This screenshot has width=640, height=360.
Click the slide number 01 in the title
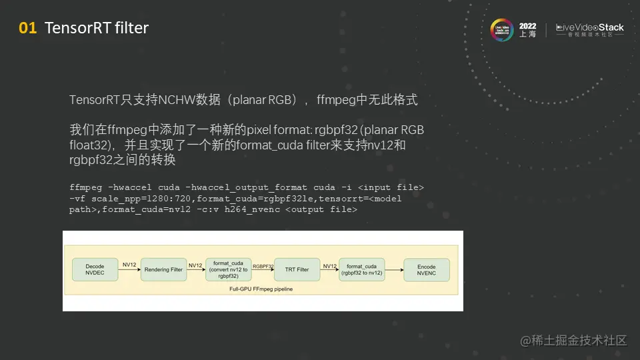27,28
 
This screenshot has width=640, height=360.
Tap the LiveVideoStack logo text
591,28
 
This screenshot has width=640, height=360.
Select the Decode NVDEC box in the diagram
95,269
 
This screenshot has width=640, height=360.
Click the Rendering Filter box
162,269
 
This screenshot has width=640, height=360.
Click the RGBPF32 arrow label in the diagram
263,265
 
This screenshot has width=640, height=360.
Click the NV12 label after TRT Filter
329,265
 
